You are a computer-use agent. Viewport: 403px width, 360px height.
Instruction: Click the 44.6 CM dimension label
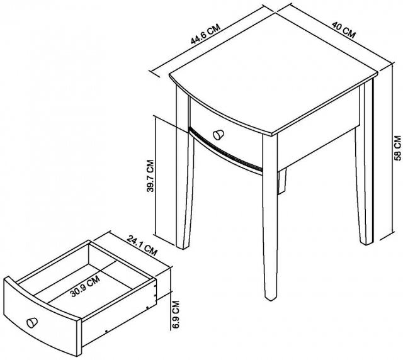point(206,35)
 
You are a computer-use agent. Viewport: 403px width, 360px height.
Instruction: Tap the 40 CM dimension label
point(344,30)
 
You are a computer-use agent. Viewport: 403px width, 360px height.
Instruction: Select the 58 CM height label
point(398,149)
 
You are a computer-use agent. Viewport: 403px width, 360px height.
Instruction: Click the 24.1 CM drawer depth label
point(142,246)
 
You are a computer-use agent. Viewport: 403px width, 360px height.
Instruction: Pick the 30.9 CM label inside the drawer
point(85,286)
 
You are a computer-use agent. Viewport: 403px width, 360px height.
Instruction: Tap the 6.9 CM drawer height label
point(176,315)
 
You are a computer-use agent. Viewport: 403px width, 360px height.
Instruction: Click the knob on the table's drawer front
point(219,135)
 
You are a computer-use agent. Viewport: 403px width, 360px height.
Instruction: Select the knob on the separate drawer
point(32,323)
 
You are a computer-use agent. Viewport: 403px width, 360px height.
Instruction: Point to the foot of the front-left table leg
point(183,247)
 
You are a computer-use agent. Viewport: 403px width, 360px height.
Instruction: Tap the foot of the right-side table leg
point(366,242)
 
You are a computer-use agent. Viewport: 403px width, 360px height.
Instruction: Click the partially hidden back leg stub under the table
point(281,181)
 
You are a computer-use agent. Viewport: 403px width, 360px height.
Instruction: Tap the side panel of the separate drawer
point(119,315)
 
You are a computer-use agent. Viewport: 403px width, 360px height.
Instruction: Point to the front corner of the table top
point(273,135)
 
